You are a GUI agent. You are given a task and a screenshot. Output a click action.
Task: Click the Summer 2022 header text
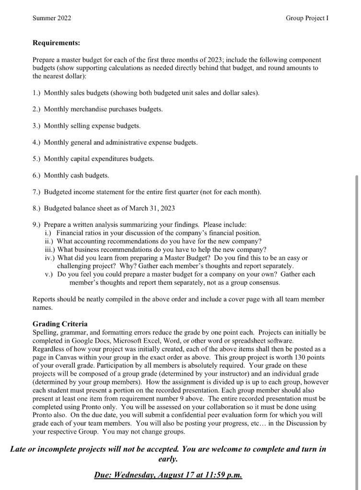coord(52,18)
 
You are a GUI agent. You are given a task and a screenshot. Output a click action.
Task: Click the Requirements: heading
coord(56,43)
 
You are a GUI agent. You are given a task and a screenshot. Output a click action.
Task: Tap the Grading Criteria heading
coord(60,324)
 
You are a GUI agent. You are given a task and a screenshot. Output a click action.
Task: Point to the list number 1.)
coord(37,93)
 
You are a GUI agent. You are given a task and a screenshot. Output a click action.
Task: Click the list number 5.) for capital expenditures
coord(37,159)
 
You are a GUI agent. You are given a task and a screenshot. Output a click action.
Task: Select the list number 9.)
coord(37,224)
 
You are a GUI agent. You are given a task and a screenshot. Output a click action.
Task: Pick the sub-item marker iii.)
coord(50,249)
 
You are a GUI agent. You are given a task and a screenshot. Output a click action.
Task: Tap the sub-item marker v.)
coord(49,274)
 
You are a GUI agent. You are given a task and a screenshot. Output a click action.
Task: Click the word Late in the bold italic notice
coord(19,449)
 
